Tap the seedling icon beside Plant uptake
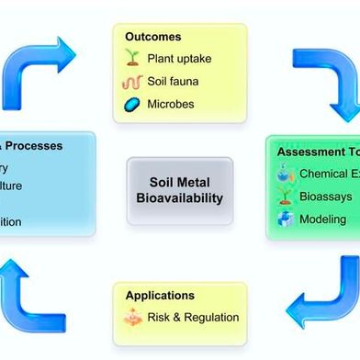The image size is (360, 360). click(x=132, y=58)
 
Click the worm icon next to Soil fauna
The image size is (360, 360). click(x=132, y=81)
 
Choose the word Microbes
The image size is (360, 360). click(x=171, y=104)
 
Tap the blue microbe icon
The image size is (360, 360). click(x=132, y=104)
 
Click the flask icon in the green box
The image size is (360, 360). click(x=284, y=174)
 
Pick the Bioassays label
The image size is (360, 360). click(x=324, y=196)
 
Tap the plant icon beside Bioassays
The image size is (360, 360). click(x=284, y=196)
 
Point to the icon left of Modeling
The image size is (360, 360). click(x=284, y=219)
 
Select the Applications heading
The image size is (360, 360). click(x=159, y=296)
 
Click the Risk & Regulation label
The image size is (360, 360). click(x=193, y=318)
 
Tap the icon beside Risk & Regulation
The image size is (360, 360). click(x=132, y=318)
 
